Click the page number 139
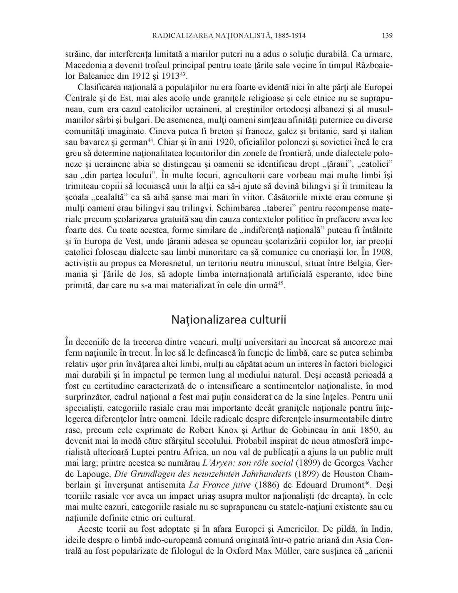coord(387,36)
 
